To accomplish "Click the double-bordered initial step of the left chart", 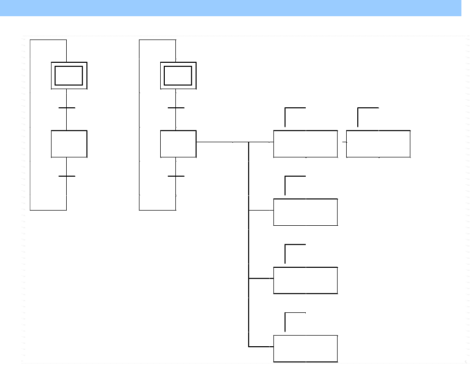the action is [69, 76].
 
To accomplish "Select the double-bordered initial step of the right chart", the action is [178, 76].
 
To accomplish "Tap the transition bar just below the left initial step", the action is [67, 108].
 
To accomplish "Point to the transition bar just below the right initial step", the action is [176, 108].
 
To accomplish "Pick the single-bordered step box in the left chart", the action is [69, 144].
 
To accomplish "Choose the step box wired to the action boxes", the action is [178, 144].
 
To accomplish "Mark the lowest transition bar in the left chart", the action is [67, 176].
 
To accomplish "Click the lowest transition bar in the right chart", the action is [176, 176].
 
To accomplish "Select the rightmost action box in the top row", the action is [379, 144].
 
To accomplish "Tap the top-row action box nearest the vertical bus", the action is [305, 144].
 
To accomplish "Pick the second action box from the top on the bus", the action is [305, 212].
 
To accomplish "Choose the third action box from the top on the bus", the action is [305, 280].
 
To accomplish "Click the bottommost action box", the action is [305, 348].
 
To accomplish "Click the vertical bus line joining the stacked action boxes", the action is [249, 243].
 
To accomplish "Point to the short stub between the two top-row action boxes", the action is [344, 142].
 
